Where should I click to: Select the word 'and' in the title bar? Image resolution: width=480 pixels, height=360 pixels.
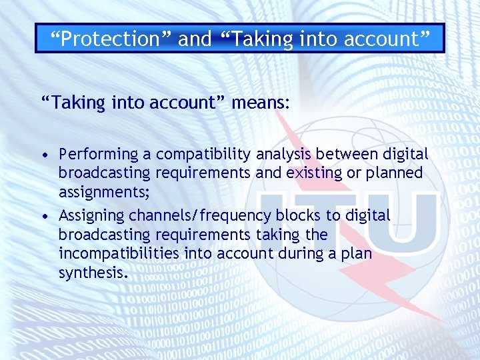[x=195, y=39]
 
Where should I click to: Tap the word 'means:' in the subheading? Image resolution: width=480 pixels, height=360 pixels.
[x=261, y=103]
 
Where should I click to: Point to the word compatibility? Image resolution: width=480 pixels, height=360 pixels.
[x=202, y=154]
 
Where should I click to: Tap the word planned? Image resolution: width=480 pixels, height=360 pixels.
[x=399, y=173]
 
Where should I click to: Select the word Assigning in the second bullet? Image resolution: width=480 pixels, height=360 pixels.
[x=93, y=215]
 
